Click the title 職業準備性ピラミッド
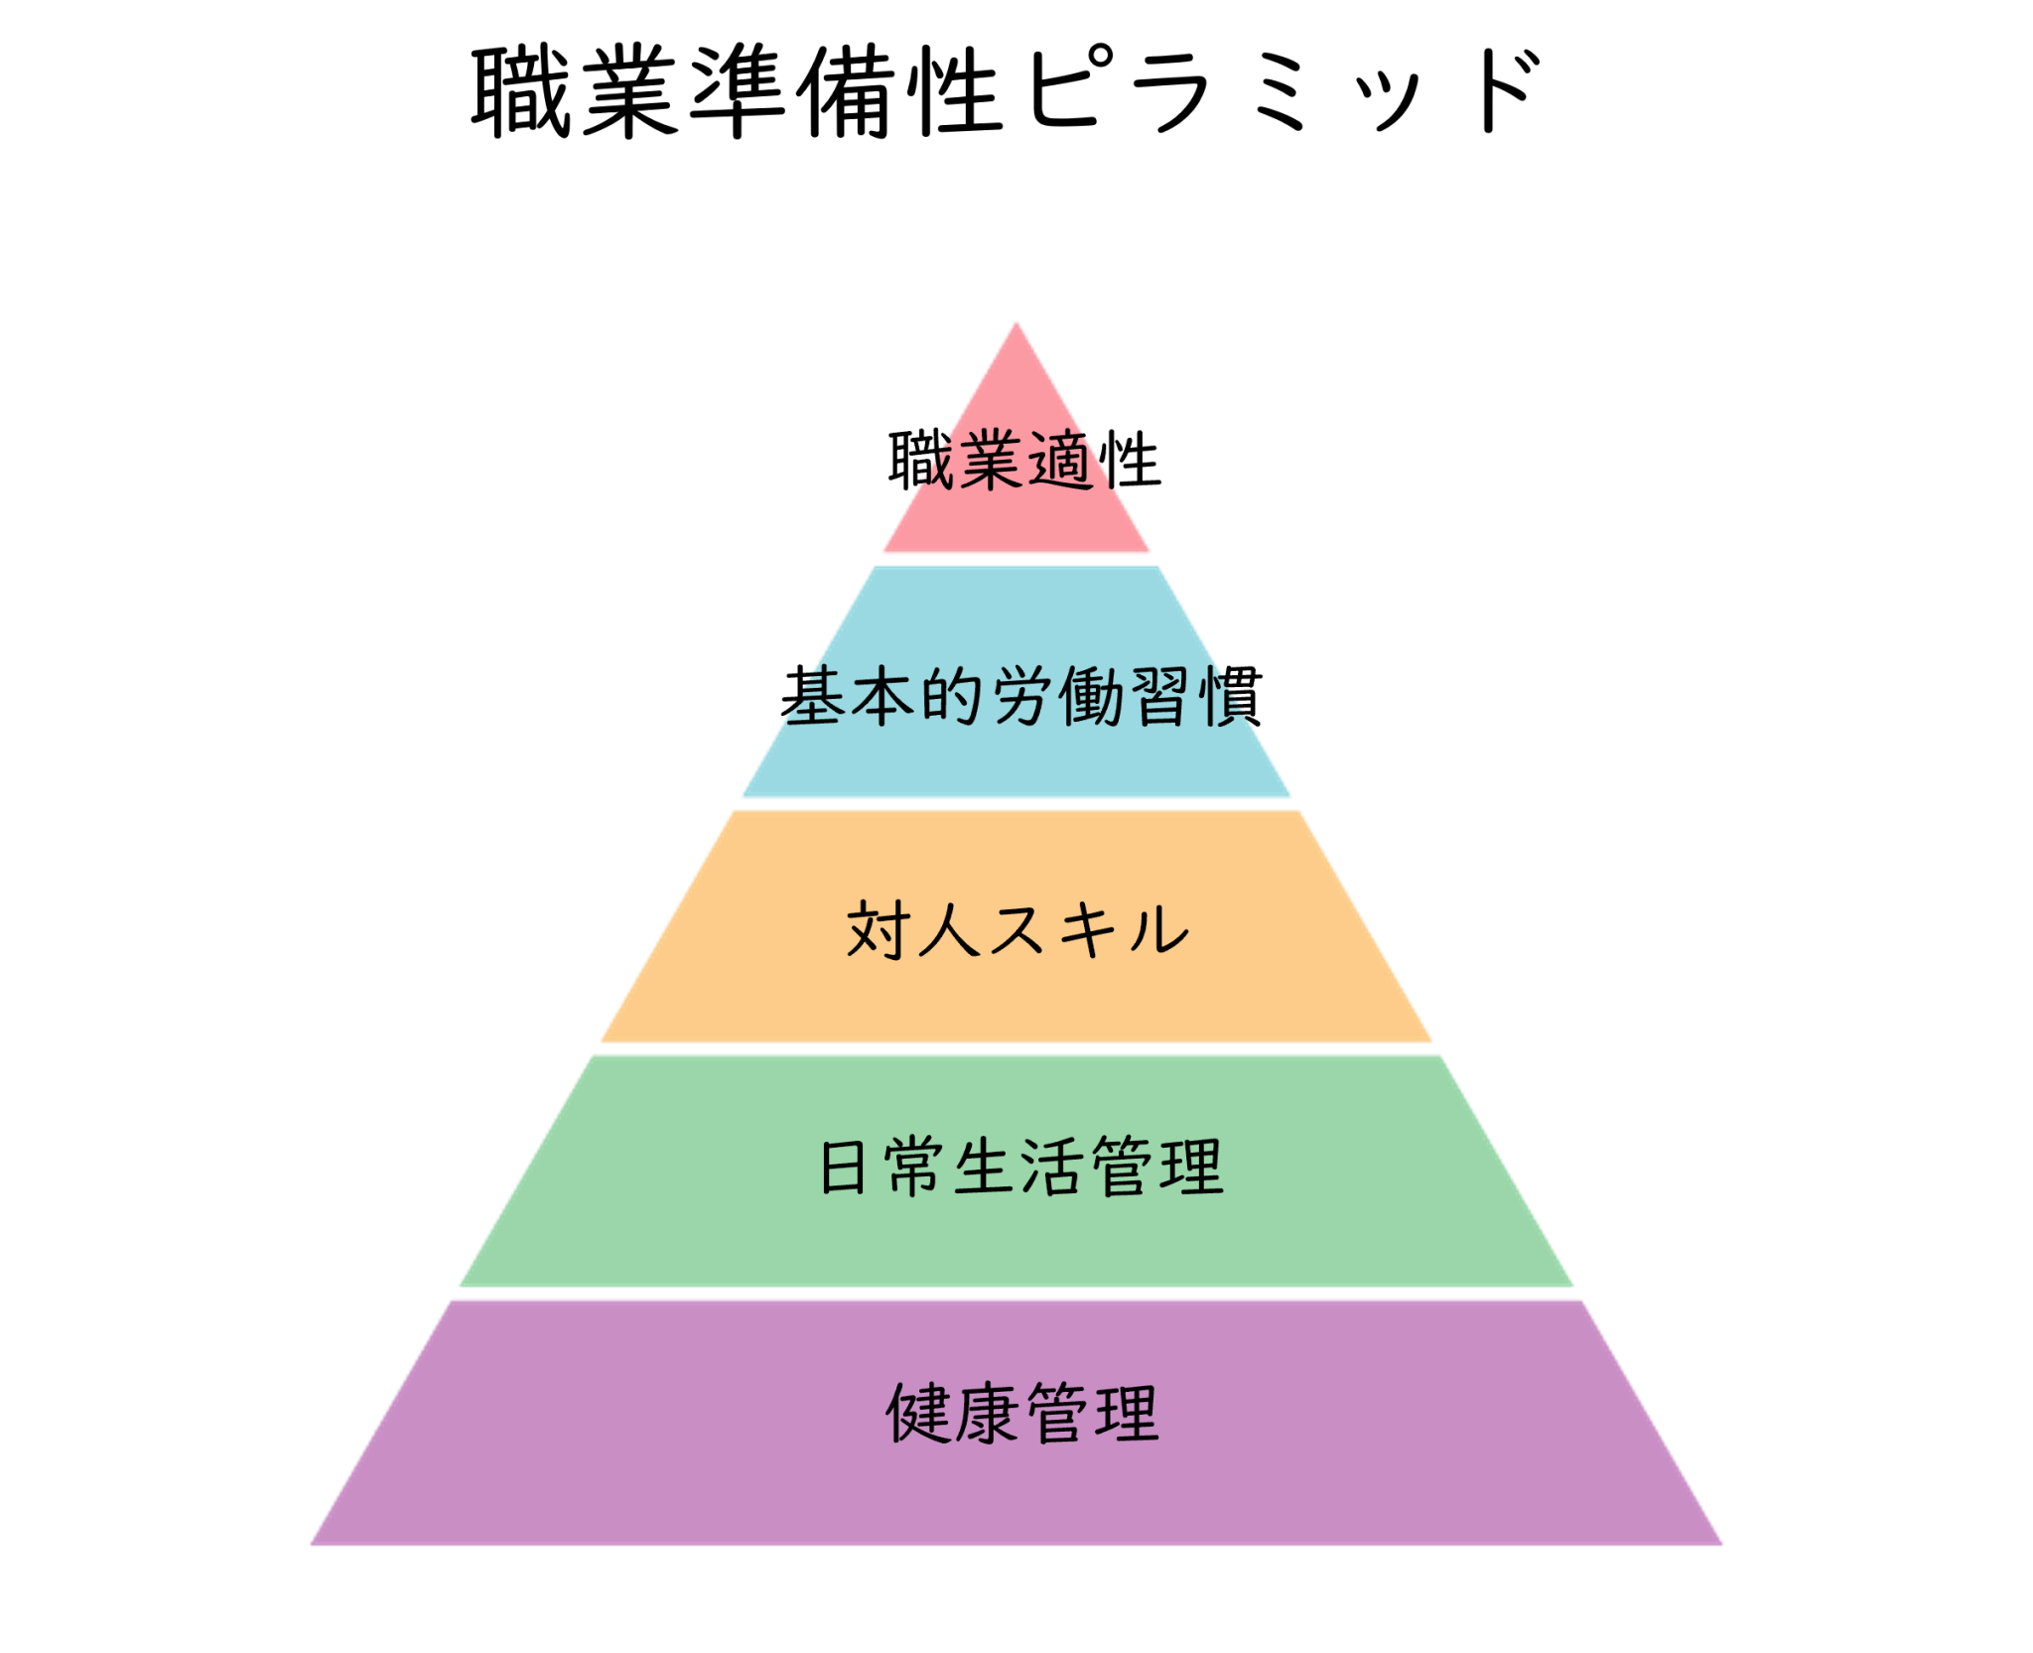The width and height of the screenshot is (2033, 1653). coord(1006,91)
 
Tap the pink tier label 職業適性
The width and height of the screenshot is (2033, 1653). coord(1023,460)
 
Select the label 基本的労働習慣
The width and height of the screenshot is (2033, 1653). coord(1021,696)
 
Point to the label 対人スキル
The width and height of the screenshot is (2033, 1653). coord(1017,930)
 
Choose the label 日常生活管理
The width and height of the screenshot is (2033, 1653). coord(1020,1167)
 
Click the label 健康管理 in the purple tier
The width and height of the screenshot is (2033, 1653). coord(1022,1413)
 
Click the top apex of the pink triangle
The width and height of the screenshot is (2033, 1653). coord(1016,323)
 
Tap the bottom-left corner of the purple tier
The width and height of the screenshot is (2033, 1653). coord(311,1544)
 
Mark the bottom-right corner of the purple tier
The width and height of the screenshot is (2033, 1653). coord(1722,1544)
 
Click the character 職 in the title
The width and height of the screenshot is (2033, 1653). coord(520,91)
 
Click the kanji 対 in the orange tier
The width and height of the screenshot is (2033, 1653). coord(877,930)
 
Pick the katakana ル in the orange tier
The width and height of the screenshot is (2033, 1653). coord(1157,930)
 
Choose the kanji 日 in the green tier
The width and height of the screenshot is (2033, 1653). coord(844,1168)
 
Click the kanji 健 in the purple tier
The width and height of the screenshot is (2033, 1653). coord(918,1413)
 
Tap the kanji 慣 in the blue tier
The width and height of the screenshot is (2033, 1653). coord(1231,696)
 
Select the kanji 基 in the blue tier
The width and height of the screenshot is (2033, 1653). coord(813,696)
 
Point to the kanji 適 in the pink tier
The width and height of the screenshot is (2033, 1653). coord(1058,461)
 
